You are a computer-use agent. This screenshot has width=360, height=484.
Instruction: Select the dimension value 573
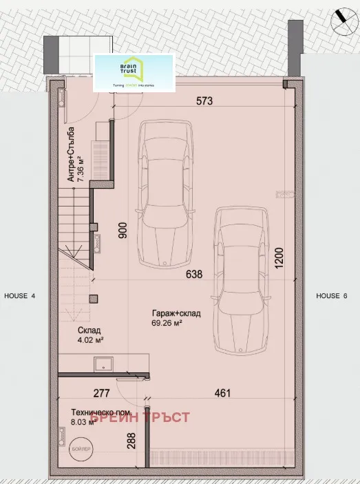[x=204, y=101]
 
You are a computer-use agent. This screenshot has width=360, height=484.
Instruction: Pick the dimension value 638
[x=195, y=274]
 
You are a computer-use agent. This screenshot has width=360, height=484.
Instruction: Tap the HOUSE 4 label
[x=19, y=295]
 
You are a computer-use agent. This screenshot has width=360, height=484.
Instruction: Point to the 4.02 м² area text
[x=90, y=339]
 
